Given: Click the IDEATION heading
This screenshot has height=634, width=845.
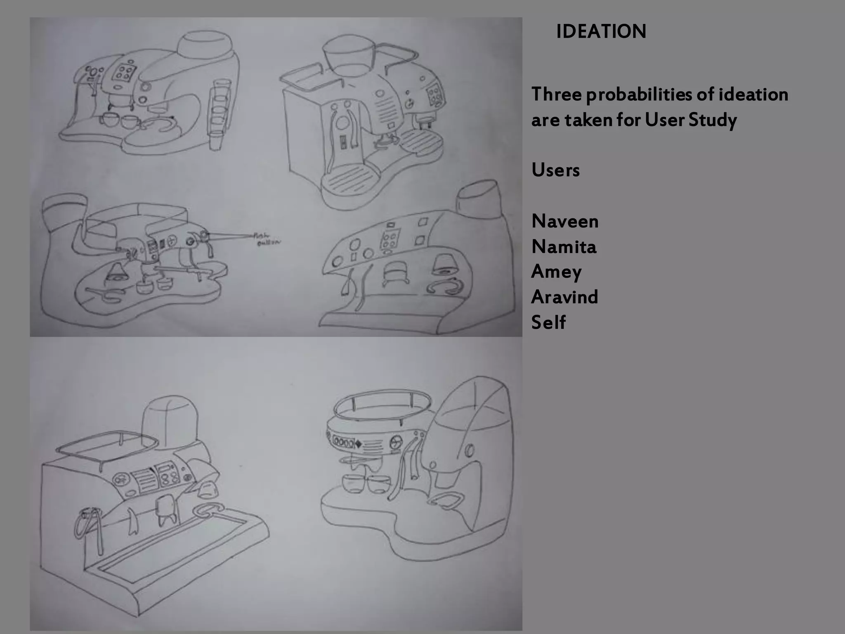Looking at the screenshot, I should (x=601, y=32).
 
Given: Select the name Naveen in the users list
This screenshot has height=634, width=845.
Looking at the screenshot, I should (x=565, y=222).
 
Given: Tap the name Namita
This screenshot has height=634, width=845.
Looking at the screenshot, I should (x=564, y=247).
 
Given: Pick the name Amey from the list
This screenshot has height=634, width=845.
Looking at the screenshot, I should (x=556, y=272).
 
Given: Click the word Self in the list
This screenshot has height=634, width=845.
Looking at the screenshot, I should (x=548, y=322).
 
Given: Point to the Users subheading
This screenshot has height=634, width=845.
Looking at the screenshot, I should (x=555, y=170).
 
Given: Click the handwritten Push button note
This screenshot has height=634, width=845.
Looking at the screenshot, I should (x=266, y=239).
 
